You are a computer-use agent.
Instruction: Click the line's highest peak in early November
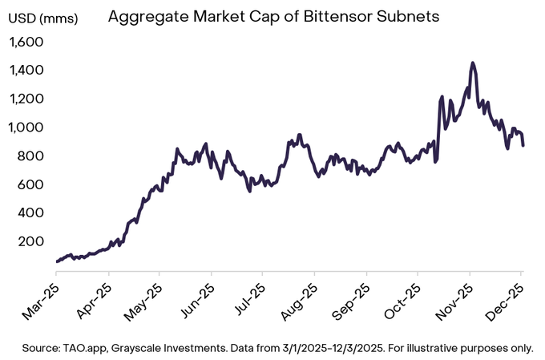point(473,63)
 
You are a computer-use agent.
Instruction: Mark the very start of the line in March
point(57,261)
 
